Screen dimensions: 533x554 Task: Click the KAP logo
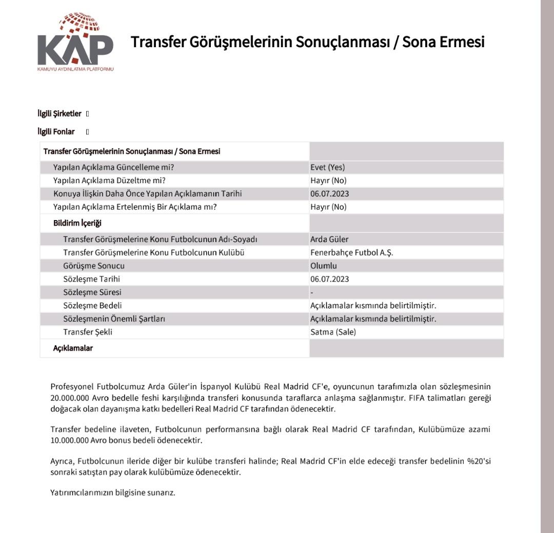point(75,44)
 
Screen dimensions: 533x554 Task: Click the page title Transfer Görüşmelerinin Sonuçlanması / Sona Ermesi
point(308,42)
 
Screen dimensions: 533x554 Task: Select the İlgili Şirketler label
point(60,114)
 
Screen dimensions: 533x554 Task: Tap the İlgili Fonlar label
point(56,132)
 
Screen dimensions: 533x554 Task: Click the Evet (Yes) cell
point(328,167)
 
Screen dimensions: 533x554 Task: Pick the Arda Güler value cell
point(329,240)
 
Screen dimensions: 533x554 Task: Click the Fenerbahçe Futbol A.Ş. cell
point(352,253)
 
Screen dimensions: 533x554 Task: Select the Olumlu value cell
point(324,266)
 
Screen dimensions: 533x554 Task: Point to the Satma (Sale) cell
point(333,332)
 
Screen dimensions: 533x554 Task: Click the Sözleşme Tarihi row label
point(92,279)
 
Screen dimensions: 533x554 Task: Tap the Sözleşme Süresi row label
point(92,292)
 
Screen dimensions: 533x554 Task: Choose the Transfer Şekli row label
point(88,332)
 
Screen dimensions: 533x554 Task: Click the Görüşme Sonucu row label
point(94,266)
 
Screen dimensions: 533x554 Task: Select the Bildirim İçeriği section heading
point(77,223)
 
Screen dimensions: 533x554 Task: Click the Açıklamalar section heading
point(73,348)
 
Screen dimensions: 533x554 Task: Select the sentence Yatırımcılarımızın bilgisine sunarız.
point(113,492)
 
